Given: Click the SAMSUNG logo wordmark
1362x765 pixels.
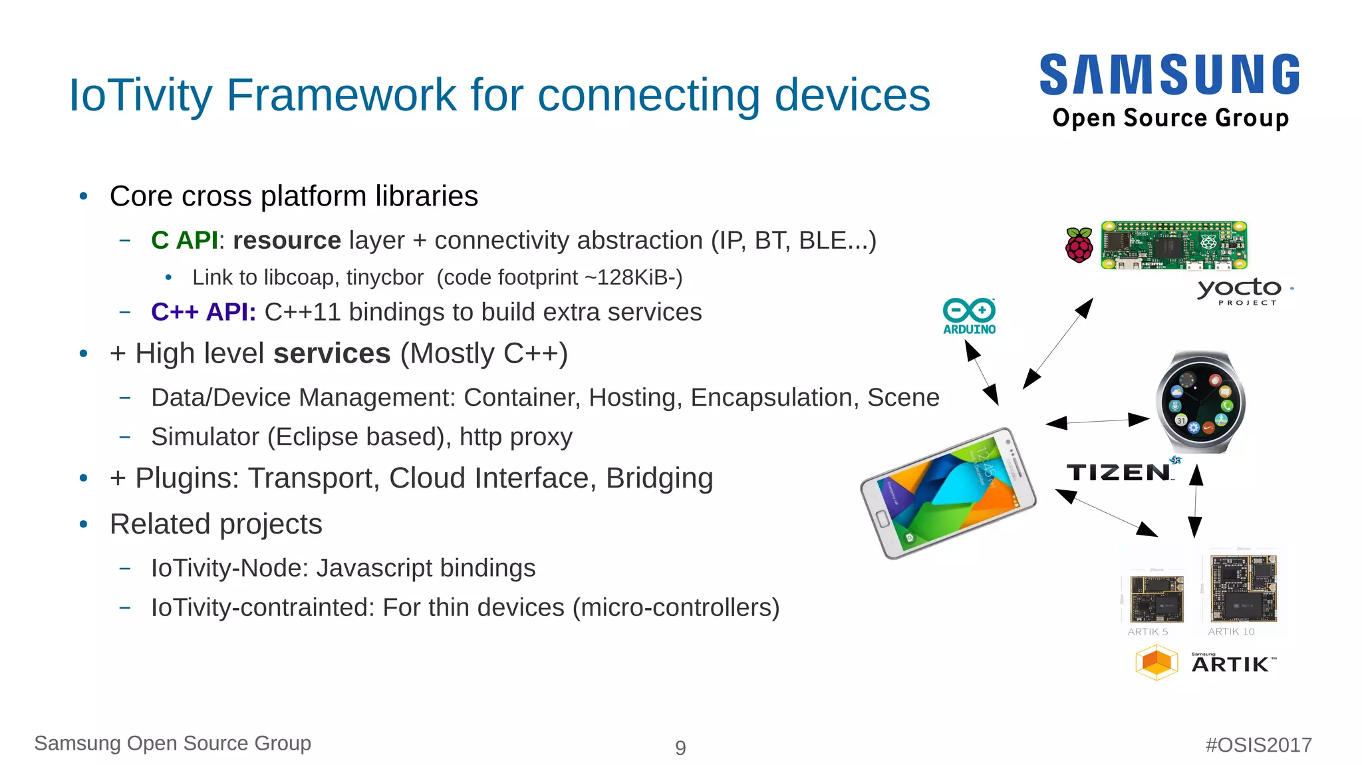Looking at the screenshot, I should (1169, 75).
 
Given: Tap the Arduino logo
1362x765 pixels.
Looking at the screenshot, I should (969, 316).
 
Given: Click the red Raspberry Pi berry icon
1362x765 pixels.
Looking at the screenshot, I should (1079, 245).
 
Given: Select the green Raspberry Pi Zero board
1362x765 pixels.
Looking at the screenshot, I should (1174, 245).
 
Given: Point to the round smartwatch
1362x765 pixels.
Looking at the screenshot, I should (1200, 402).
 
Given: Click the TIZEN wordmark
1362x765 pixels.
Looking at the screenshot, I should (1119, 472).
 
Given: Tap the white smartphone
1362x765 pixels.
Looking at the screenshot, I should (948, 493).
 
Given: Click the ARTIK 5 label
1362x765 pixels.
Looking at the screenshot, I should (1147, 632).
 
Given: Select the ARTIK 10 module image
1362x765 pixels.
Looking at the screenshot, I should (1243, 588).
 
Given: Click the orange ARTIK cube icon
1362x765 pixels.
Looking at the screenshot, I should (1157, 663).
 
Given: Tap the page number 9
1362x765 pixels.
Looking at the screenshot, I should (680, 748).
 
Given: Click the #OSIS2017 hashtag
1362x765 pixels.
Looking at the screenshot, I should (1258, 745).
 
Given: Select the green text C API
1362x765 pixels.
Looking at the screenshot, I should (184, 240).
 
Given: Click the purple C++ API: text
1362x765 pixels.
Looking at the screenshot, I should (203, 312).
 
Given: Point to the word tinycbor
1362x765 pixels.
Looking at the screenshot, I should (384, 277).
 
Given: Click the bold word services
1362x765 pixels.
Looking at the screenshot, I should (331, 353).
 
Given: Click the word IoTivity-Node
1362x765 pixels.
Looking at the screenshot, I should (229, 568).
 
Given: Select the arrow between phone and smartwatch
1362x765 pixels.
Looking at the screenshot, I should (1097, 420).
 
